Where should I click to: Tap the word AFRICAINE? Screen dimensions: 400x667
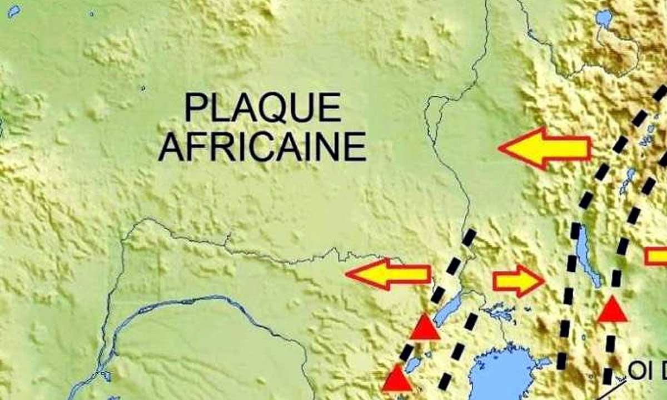(262, 146)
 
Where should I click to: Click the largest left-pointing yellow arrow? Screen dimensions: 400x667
(545, 147)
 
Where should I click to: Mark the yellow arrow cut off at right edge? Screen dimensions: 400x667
(656, 256)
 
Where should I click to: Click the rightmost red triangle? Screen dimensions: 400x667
(612, 310)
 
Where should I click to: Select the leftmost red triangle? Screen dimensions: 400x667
(397, 379)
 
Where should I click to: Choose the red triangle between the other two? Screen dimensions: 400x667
(425, 328)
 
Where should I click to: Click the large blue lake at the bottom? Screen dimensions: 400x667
(500, 373)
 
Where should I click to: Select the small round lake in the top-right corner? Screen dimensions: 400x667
(603, 18)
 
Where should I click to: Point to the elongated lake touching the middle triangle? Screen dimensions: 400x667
(447, 310)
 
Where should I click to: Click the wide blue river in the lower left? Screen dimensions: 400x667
(167, 305)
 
